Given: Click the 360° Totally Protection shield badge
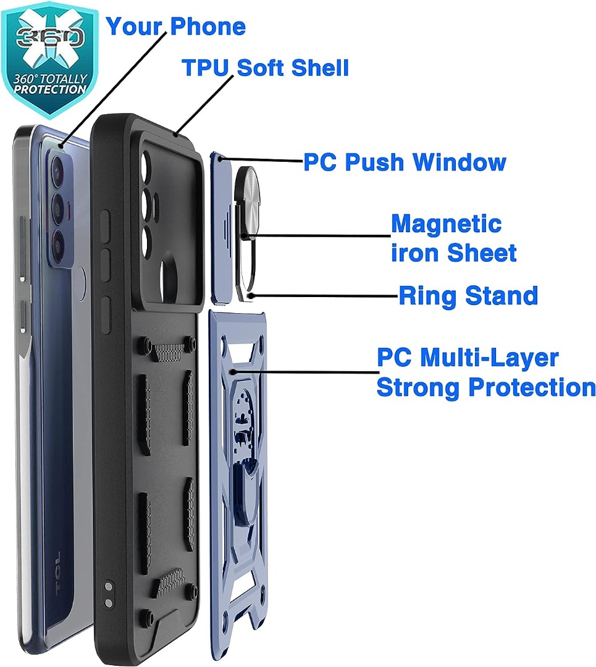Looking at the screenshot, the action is (50, 59).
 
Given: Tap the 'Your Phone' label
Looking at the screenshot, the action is (175, 27).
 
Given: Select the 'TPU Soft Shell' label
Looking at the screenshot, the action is (265, 68).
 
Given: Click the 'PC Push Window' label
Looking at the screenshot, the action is (405, 162).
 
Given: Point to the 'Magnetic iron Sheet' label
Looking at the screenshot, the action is (453, 238).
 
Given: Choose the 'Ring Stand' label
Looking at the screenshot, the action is (468, 296).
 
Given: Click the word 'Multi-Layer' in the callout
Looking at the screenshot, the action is (489, 358).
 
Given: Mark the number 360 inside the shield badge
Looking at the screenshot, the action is (49, 38).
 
